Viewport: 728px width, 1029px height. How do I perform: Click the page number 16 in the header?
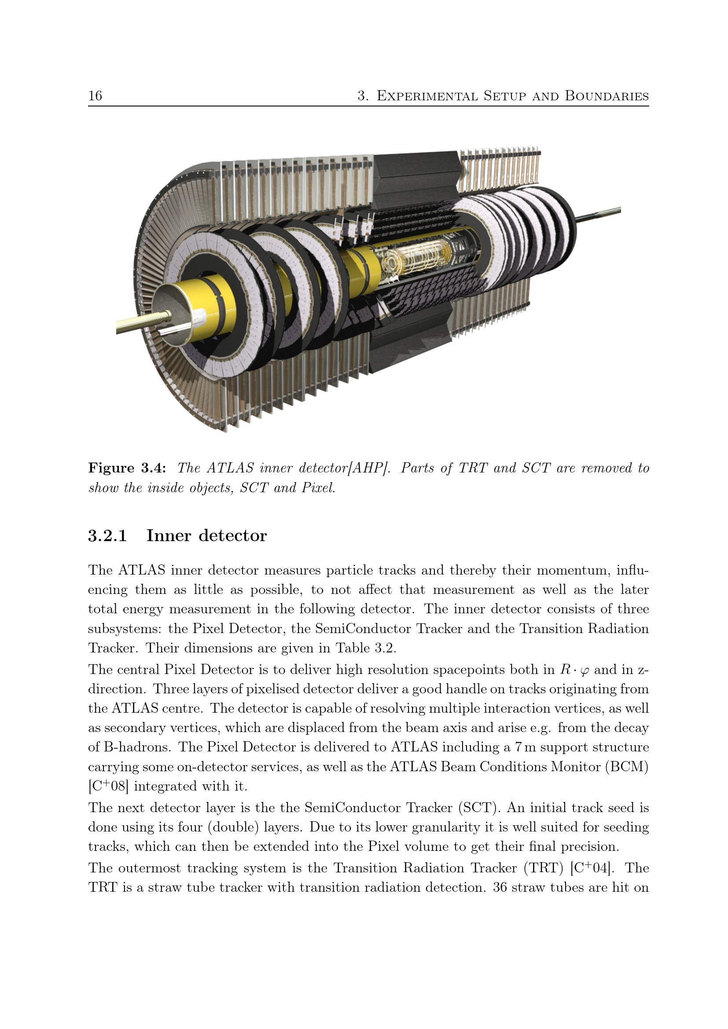[x=95, y=95]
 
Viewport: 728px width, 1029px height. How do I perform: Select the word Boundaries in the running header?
[x=607, y=96]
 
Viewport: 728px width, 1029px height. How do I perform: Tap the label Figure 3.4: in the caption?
[x=127, y=469]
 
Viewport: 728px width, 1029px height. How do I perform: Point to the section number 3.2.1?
[x=107, y=535]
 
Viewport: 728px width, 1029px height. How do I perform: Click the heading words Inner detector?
[x=207, y=535]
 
